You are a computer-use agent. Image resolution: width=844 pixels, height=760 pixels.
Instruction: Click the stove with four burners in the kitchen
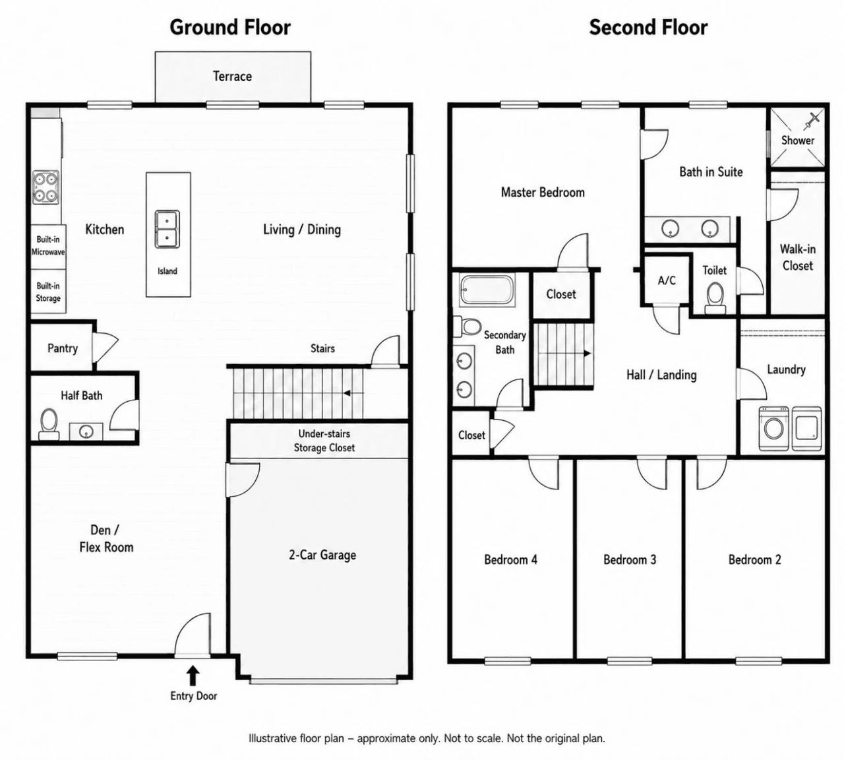pos(45,187)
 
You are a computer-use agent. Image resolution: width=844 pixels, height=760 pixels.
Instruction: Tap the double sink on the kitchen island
pos(167,229)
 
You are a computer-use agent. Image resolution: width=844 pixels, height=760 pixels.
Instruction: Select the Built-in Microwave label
pos(48,245)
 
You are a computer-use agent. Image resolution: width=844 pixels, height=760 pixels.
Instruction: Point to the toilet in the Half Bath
pos(49,424)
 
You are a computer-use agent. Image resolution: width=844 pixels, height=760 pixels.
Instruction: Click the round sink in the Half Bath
pos(86,431)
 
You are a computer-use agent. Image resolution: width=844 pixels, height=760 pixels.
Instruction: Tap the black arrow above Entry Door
pos(193,676)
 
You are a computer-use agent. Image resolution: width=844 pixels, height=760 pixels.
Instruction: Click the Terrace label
pos(232,77)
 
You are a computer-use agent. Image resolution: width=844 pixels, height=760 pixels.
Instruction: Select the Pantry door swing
pos(105,348)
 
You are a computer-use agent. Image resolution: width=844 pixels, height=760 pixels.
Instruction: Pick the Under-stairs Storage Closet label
pos(324,441)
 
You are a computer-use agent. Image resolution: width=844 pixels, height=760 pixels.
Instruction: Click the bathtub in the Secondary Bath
pos(487,290)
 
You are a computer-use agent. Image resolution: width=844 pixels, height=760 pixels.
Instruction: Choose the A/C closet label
pos(667,280)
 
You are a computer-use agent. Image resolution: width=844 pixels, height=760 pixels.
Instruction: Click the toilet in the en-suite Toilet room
pos(715,298)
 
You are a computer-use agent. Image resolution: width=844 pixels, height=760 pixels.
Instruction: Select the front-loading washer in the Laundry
pos(773,429)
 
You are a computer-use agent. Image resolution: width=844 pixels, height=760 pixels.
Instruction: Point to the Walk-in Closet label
pos(797,257)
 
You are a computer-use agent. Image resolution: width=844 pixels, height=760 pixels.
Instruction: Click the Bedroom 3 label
pos(630,559)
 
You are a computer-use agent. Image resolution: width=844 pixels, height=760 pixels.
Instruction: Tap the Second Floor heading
pos(648,27)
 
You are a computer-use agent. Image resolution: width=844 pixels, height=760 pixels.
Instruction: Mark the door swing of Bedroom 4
pos(543,474)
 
